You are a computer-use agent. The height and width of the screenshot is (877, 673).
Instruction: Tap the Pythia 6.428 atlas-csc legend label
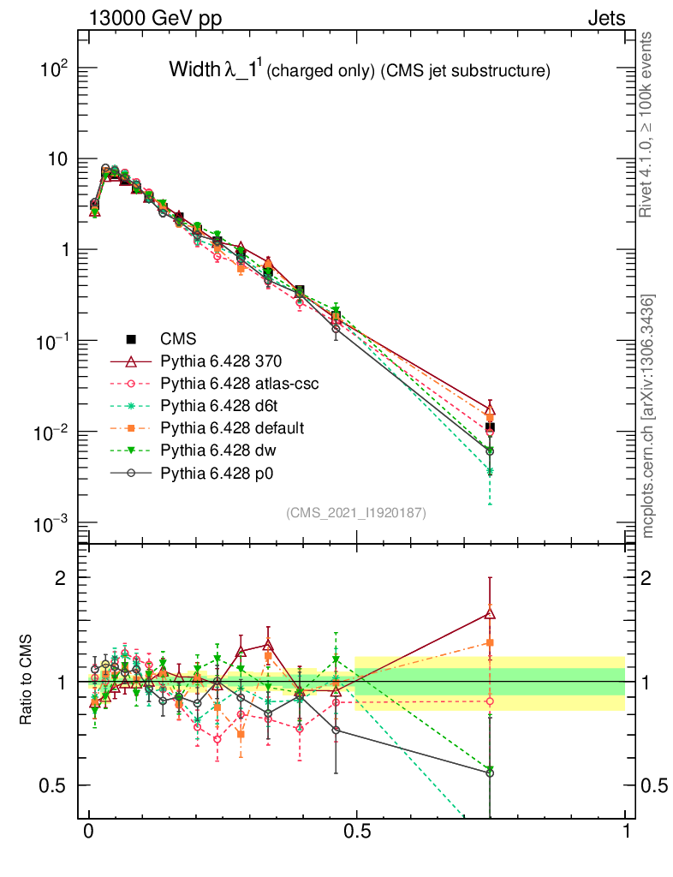click(x=245, y=384)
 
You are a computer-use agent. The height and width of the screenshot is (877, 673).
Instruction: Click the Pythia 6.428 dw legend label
click(x=225, y=450)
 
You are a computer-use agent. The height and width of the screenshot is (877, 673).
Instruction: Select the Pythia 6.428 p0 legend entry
click(x=224, y=472)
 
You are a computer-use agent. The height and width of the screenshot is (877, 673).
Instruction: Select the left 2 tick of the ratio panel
click(x=61, y=577)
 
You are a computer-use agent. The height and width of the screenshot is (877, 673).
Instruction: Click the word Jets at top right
click(x=605, y=17)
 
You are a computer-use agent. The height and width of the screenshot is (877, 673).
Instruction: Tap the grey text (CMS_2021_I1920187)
click(x=355, y=512)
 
